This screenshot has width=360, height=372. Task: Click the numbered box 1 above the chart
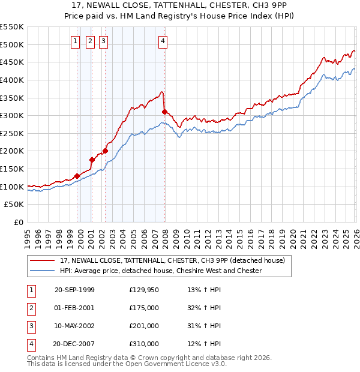75,41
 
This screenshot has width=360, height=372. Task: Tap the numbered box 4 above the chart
163,41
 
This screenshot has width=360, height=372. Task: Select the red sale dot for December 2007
164,112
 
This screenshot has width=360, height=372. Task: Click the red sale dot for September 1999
77,176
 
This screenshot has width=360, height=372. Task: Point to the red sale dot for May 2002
105,151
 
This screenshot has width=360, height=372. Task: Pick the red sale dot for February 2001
92,160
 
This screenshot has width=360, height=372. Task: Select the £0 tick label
19,223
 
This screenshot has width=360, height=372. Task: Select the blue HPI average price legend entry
161,271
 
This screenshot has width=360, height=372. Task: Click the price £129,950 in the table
143,290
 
